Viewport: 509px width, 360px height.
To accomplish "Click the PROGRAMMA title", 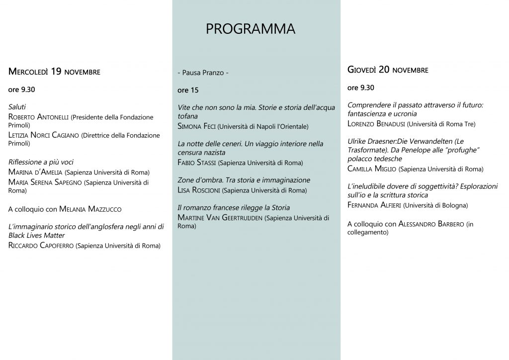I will click(250, 29).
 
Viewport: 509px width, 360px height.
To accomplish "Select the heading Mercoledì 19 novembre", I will click(54, 72).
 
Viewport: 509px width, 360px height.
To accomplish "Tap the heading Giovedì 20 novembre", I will click(387, 70).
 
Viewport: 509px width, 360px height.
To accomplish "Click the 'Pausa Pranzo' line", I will click(203, 73).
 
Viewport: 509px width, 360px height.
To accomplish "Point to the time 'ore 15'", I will click(187, 90).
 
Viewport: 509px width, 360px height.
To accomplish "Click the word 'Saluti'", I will click(17, 107).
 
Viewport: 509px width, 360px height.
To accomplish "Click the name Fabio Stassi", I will click(196, 163).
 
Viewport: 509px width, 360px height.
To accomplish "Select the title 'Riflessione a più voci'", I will click(41, 162).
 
